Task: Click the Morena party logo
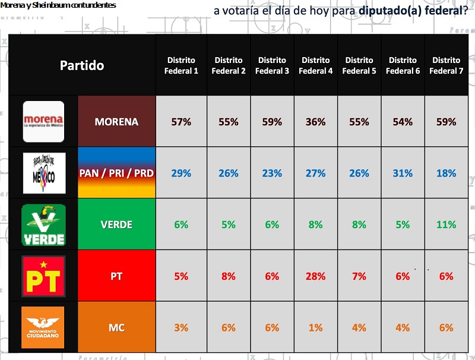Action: coord(43,122)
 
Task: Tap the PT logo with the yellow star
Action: coord(43,276)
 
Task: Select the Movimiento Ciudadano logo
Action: coord(43,327)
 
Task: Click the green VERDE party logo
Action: coord(43,225)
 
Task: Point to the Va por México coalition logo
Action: coord(43,173)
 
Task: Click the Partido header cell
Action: coord(82,65)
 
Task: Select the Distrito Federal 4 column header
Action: coord(315,65)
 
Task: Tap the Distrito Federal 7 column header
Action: coord(446,65)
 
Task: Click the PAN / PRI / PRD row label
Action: coord(117,173)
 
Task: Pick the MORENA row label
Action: coord(117,122)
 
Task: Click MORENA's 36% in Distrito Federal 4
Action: coord(315,122)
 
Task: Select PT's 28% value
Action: coord(315,276)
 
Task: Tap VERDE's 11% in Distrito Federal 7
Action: coord(446,225)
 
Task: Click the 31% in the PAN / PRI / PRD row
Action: coord(403,173)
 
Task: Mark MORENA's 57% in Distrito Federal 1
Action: coord(181,122)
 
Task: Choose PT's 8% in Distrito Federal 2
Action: coord(229,276)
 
